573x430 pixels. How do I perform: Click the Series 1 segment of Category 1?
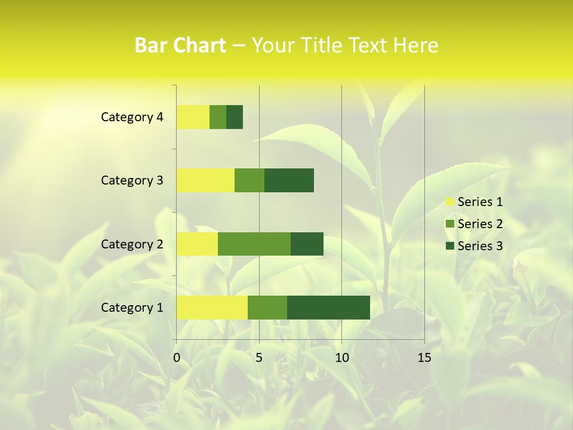[x=212, y=307]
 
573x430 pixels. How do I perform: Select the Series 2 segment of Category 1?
[x=267, y=307]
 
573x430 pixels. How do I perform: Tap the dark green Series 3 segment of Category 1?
[x=328, y=307]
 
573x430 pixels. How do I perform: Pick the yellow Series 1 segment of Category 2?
[x=197, y=244]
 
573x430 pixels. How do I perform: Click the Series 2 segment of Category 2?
[x=254, y=244]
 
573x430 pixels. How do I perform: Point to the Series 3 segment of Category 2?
[x=307, y=244]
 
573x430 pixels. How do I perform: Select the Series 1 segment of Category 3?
[x=205, y=180]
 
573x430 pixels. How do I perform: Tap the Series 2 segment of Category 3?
[x=249, y=180]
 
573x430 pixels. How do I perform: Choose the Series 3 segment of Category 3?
[x=289, y=180]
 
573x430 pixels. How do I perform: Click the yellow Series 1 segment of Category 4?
[x=193, y=117]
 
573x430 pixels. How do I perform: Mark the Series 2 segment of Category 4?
[x=218, y=117]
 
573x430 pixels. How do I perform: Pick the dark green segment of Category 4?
[x=235, y=117]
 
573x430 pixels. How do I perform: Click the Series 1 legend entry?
[x=474, y=202]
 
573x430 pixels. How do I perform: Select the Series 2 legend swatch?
[x=450, y=224]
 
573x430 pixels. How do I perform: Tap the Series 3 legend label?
[x=480, y=246]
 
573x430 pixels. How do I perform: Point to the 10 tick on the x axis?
[x=341, y=358]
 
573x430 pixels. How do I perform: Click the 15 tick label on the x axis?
[x=424, y=358]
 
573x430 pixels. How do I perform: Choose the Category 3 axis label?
[x=132, y=180]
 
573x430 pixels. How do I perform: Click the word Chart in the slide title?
[x=202, y=45]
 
